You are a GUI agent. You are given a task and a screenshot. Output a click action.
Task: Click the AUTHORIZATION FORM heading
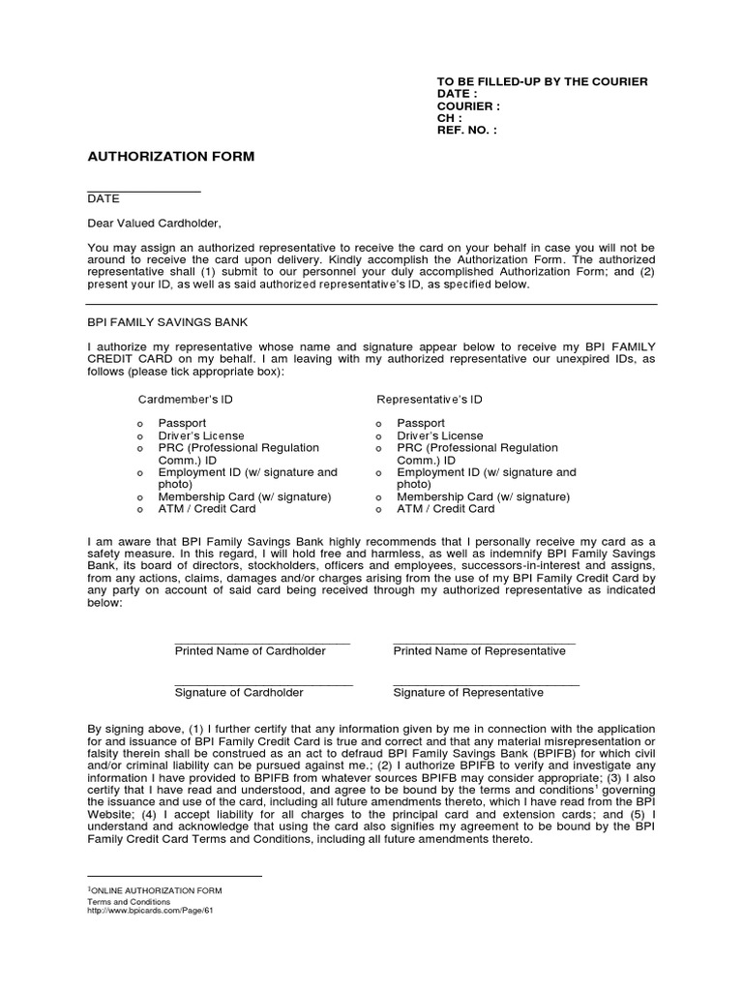(x=171, y=156)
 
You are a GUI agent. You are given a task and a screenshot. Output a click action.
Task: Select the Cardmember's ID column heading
(x=185, y=399)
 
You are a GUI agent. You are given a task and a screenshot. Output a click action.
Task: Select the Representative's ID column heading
(x=430, y=399)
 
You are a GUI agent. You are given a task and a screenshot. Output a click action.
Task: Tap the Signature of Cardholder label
(x=239, y=693)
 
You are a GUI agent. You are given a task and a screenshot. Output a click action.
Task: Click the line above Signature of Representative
(x=486, y=684)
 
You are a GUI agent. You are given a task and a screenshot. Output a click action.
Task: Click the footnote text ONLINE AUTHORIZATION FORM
(x=157, y=890)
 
